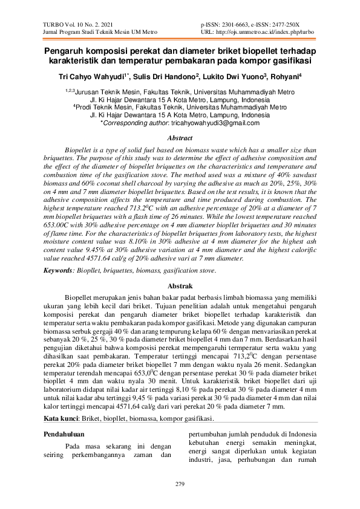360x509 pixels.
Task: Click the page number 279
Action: pyautogui.click(x=180, y=484)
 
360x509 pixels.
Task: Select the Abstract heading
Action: pyautogui.click(x=180, y=138)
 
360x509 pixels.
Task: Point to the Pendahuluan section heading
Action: pyautogui.click(x=67, y=433)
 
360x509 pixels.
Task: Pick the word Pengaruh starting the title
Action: pyautogui.click(x=66, y=51)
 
